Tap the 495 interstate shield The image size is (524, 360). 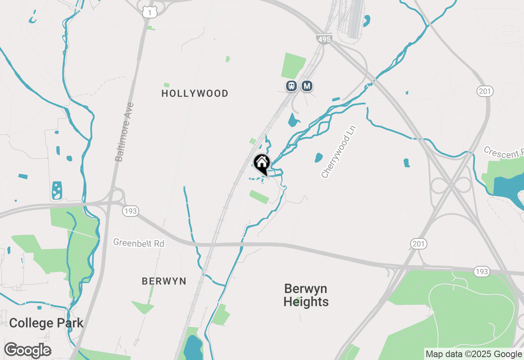coord(323,38)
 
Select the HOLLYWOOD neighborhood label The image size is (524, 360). coord(195,94)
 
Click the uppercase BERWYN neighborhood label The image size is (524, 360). coord(164,281)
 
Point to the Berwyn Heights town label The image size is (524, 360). coord(306,295)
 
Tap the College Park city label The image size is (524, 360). coord(46,323)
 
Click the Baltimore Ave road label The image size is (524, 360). coord(124,132)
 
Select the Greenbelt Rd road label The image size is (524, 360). coord(139,243)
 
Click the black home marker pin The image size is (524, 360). coord(262,164)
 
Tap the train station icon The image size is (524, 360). coord(291,86)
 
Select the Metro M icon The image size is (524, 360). coord(307,86)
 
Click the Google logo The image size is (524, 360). coord(27,350)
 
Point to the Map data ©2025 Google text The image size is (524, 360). coord(474,354)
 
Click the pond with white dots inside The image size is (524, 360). coord(57,190)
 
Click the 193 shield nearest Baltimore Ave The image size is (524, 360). coord(130,211)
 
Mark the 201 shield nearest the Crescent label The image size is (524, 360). coord(485,91)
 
